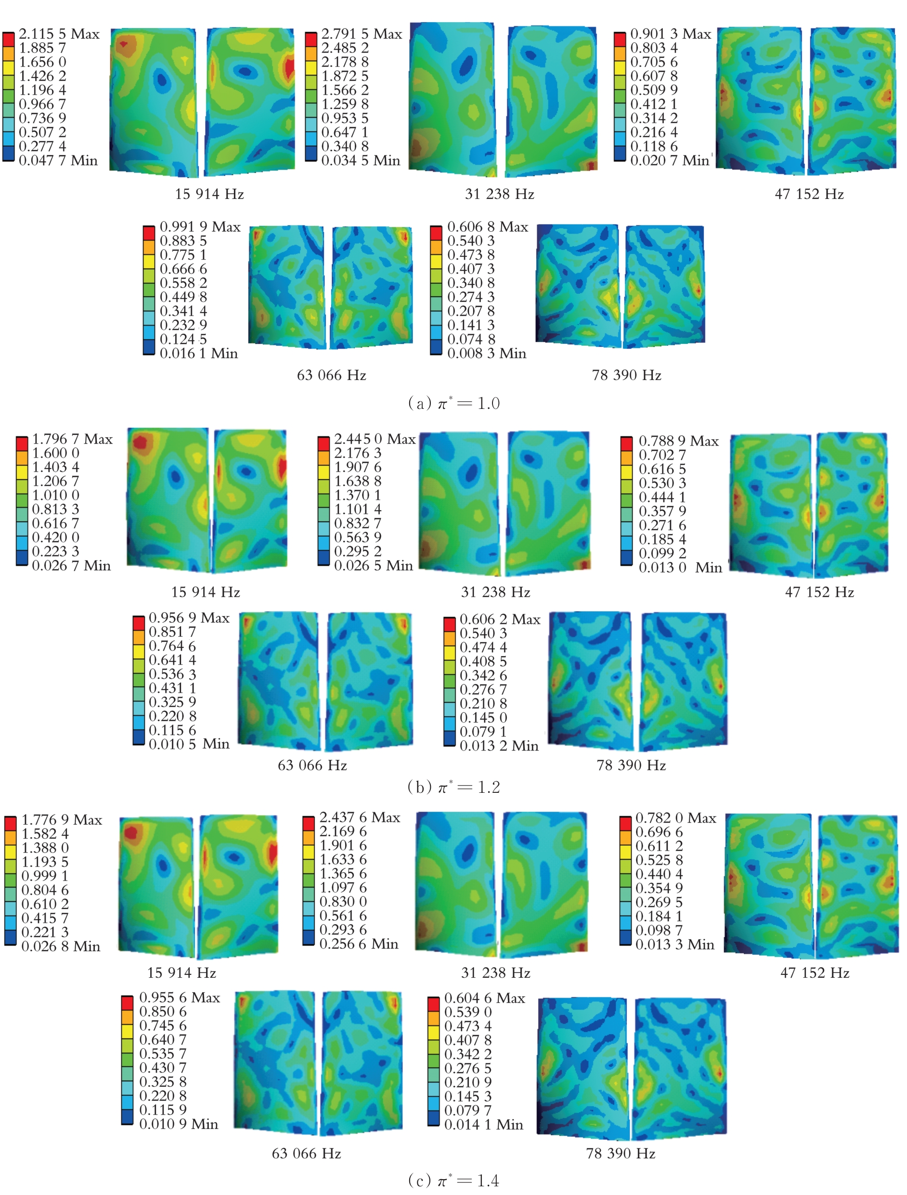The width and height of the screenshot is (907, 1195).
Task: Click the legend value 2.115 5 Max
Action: coord(59,34)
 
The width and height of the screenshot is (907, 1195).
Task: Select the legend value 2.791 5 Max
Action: coord(361,34)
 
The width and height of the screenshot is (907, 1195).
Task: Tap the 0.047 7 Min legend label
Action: coord(58,160)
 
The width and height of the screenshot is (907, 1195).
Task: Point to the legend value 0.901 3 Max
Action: coord(671,34)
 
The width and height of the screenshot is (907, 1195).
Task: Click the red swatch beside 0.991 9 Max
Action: coord(148,233)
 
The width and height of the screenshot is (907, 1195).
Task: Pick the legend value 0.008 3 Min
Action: coord(486,354)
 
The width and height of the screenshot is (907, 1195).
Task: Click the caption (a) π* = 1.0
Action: coord(453,403)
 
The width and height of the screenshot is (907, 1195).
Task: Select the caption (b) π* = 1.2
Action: coord(453,787)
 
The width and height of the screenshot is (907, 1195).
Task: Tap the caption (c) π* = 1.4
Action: coord(453,1181)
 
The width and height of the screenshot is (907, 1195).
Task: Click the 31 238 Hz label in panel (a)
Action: coord(499,194)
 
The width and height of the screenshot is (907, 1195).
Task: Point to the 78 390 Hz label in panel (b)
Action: coord(631,765)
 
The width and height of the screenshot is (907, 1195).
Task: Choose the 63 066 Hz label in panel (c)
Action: coord(306,1154)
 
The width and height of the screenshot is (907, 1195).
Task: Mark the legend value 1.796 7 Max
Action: coord(72,439)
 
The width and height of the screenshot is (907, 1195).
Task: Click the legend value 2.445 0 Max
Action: coord(374,439)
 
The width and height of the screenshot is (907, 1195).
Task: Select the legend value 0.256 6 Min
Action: coord(359,944)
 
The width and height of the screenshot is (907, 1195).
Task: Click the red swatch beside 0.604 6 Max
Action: coord(433,1004)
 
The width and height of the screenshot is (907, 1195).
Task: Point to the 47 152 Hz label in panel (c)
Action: coord(815,973)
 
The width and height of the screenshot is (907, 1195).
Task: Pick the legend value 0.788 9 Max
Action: coord(679,441)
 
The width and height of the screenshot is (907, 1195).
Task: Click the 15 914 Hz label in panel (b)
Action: coord(206,592)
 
